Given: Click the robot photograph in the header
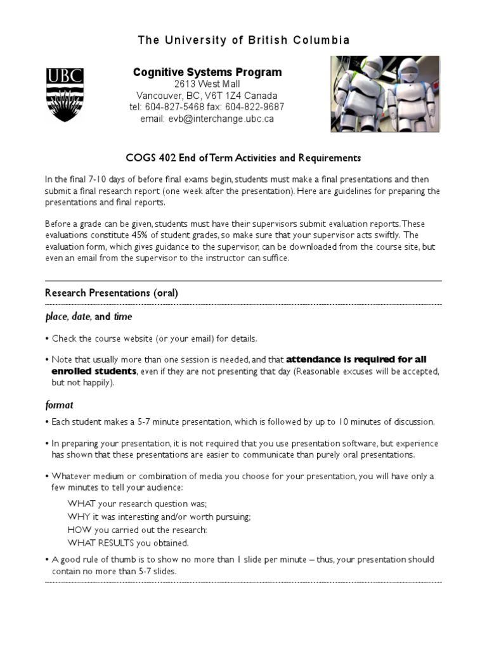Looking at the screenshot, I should (386, 94).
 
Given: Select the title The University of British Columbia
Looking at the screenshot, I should (243, 41).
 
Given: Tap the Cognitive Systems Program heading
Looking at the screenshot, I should (207, 72).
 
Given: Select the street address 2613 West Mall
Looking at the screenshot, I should (207, 84).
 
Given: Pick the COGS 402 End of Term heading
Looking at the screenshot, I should (243, 158).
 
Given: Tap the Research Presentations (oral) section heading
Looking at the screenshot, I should (112, 293).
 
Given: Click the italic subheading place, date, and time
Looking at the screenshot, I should (89, 316).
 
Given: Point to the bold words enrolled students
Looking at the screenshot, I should (94, 371).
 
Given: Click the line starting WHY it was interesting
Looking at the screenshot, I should (159, 517).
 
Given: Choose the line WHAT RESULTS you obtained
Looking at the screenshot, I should (128, 543).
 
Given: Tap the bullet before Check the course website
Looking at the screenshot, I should (48, 339).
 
